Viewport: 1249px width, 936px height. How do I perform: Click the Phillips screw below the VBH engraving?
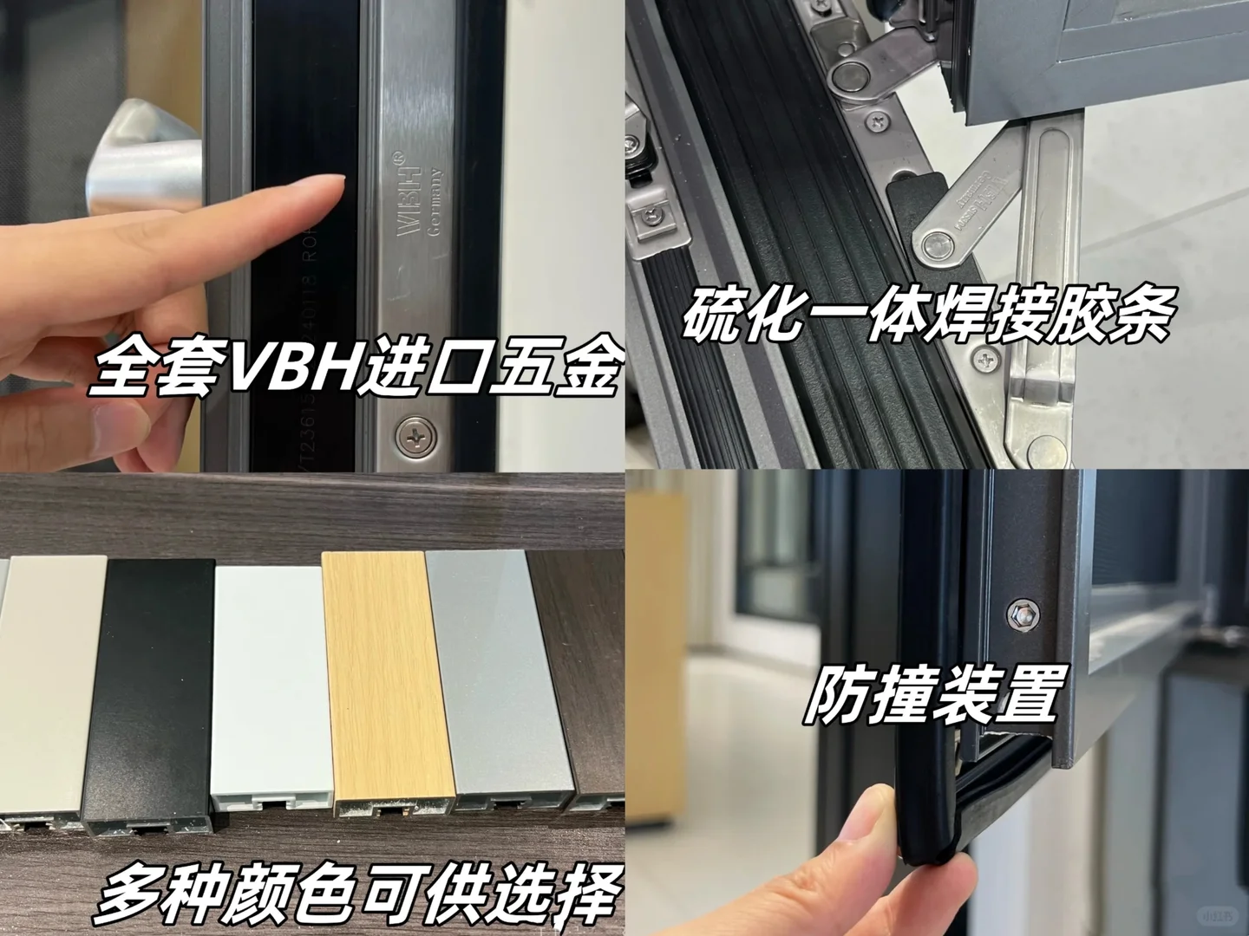pos(414,435)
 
